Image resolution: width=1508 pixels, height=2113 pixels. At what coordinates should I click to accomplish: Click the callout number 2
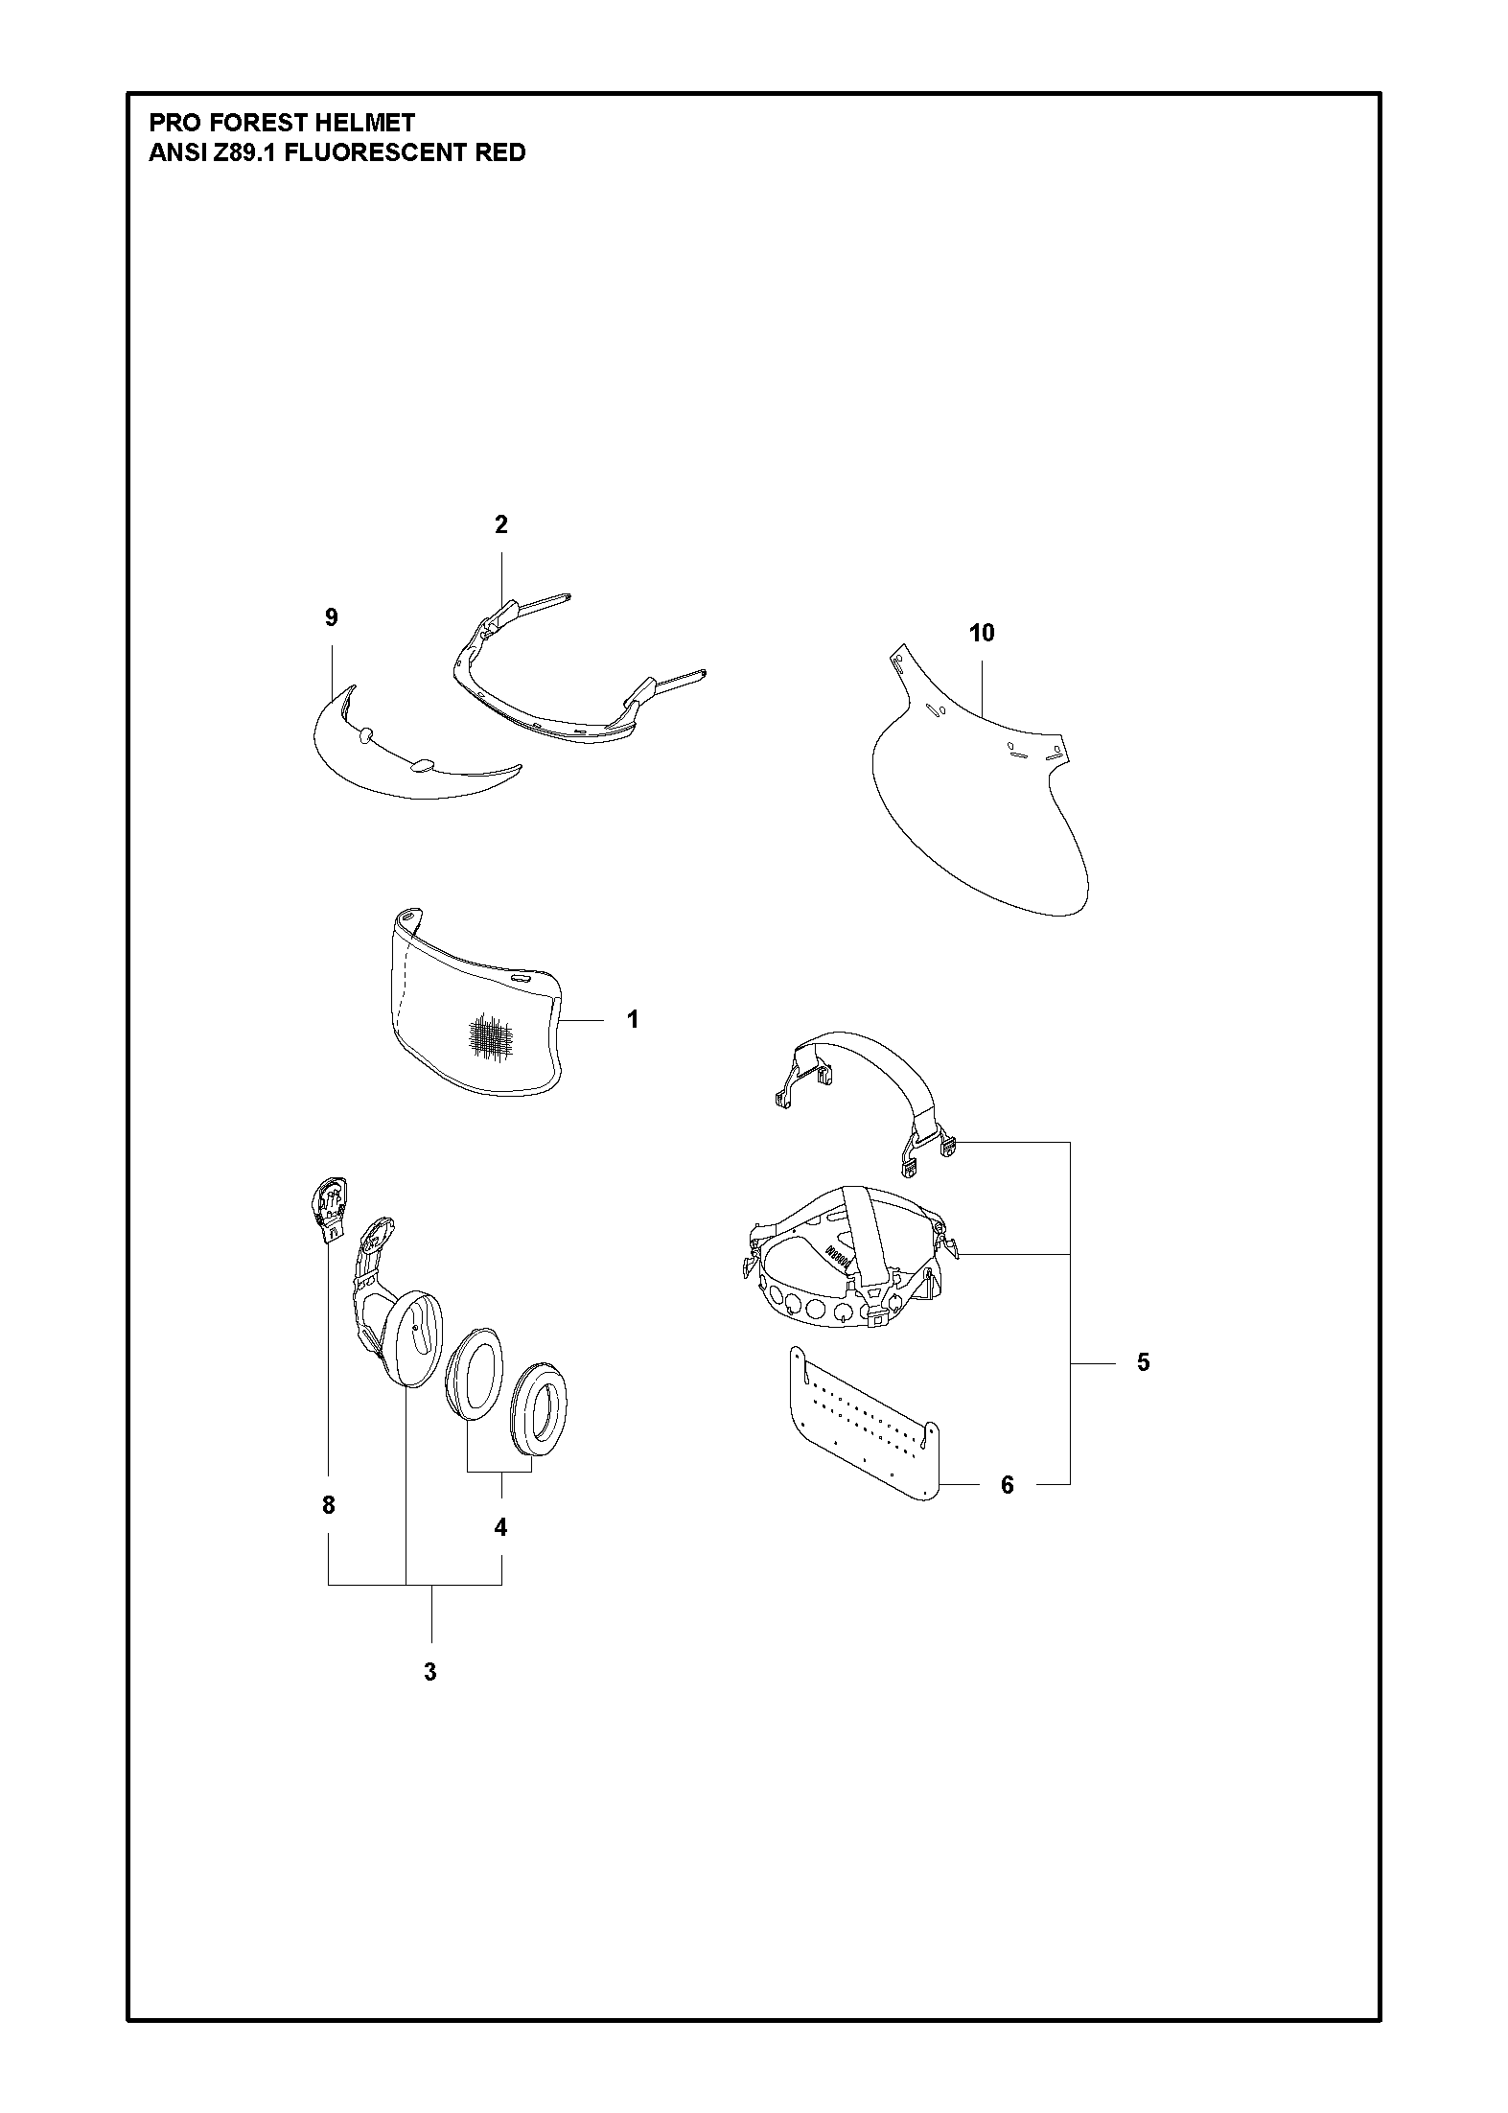click(500, 524)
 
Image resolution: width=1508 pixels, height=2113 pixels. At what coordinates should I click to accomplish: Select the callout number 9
click(332, 617)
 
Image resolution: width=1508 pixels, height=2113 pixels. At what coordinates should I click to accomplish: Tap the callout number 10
click(982, 633)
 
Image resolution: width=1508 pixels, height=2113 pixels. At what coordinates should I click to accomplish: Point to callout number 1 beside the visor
click(633, 1019)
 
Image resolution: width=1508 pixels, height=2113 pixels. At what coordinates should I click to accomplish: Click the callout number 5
click(1143, 1362)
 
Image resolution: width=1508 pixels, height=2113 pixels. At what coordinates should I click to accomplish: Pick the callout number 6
click(1007, 1485)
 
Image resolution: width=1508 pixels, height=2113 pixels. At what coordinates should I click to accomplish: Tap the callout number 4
click(500, 1527)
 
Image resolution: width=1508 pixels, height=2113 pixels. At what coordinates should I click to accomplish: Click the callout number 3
click(430, 1671)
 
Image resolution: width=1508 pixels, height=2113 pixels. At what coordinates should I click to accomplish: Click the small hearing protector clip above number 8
click(330, 1209)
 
